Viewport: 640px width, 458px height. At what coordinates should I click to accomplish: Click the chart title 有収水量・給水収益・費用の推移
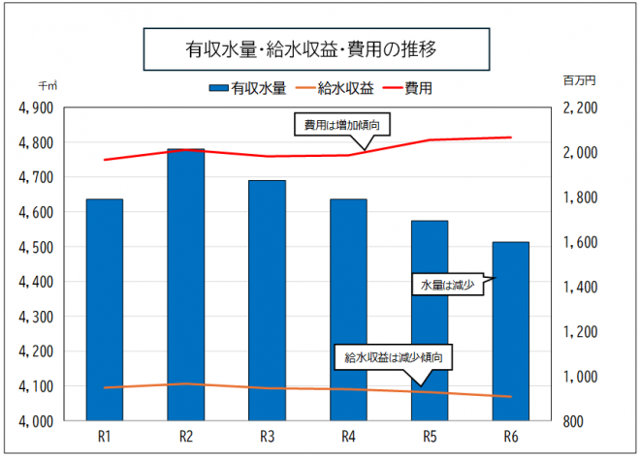click(298, 46)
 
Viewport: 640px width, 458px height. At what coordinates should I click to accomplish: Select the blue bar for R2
click(186, 290)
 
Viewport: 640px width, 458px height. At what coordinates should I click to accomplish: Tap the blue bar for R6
click(510, 334)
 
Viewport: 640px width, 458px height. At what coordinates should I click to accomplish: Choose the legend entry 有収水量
click(247, 88)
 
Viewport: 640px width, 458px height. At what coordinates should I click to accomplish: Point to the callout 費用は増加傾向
click(342, 125)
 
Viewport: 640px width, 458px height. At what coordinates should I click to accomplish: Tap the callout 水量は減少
click(446, 286)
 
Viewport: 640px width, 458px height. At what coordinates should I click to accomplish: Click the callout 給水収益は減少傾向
click(399, 357)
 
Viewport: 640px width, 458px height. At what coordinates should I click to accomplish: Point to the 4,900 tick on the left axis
click(35, 107)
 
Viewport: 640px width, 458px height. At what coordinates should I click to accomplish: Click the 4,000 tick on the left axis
click(35, 421)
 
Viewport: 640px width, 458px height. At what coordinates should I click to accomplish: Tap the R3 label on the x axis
click(267, 437)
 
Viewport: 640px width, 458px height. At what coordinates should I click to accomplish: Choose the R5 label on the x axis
click(430, 437)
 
